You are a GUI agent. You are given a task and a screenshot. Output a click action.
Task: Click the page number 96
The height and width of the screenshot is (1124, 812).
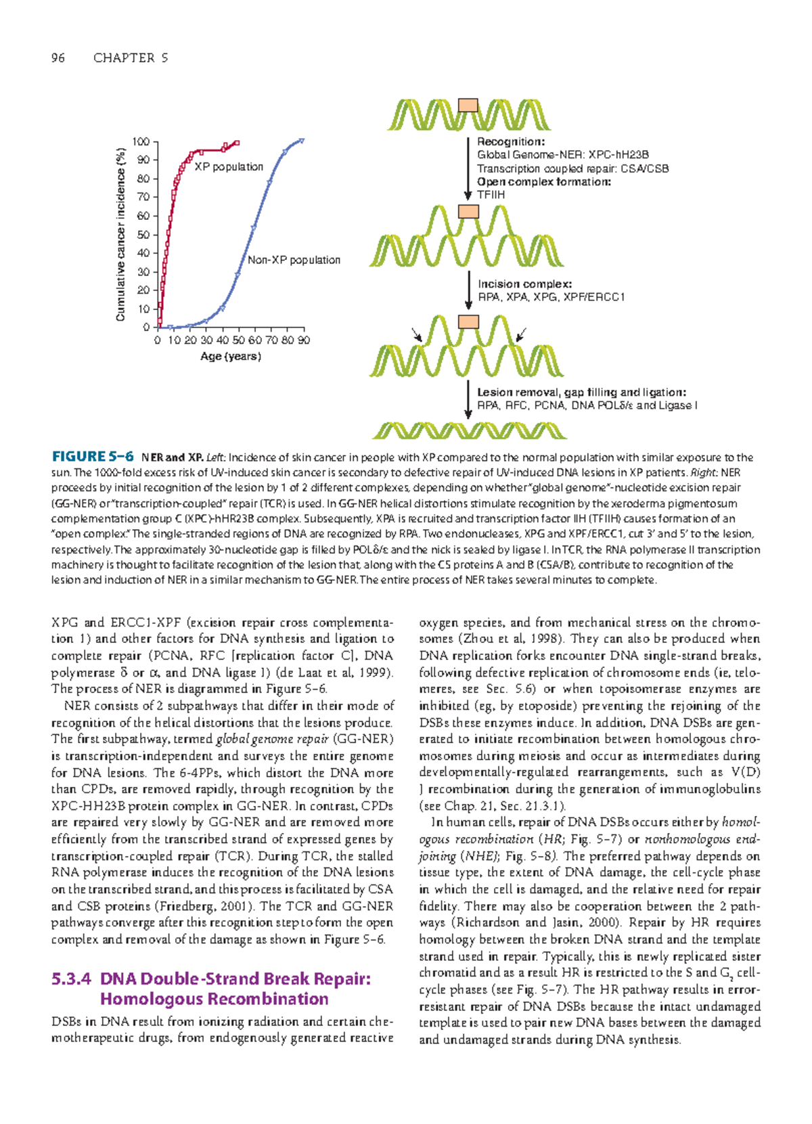tap(58, 58)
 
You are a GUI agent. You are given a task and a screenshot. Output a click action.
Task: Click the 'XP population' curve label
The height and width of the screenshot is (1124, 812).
tap(229, 166)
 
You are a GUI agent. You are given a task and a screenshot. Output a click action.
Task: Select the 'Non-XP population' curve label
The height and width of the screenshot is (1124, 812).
tap(294, 260)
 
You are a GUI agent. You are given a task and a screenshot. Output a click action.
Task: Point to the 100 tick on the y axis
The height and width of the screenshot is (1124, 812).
tap(141, 141)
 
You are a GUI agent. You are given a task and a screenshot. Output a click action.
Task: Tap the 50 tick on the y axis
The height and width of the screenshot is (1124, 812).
tap(143, 235)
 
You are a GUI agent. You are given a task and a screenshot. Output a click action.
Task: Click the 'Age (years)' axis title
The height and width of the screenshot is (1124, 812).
tap(230, 356)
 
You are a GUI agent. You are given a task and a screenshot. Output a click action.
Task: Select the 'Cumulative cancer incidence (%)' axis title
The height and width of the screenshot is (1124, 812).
tap(120, 234)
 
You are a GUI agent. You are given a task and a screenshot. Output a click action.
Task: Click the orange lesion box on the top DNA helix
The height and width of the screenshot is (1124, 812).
tap(468, 105)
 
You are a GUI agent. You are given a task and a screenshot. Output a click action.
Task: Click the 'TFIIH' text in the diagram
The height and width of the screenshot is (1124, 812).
tap(491, 195)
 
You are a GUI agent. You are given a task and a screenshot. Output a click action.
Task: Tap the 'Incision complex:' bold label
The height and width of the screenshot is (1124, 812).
tap(524, 284)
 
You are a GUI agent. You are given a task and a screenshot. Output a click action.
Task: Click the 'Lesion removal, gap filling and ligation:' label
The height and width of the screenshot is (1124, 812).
tap(581, 392)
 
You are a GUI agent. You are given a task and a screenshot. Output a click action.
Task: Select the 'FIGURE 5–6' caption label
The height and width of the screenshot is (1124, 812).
tap(93, 457)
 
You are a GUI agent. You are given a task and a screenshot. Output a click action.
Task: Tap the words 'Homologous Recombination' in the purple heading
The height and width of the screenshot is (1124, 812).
tap(214, 999)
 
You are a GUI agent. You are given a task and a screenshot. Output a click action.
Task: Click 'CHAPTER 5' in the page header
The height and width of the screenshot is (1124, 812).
tap(131, 58)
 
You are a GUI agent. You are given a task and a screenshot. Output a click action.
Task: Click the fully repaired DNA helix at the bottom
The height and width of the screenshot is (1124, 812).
tap(469, 430)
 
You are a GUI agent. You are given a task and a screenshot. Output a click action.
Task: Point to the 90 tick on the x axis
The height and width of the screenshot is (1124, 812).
tap(303, 340)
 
